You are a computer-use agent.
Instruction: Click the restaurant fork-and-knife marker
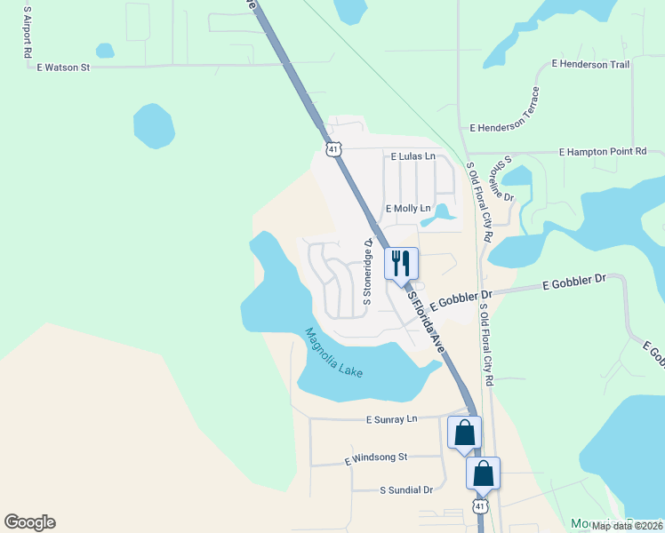click(x=401, y=263)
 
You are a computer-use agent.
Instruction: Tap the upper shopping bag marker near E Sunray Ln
click(x=464, y=433)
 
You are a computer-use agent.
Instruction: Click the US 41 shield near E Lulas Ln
click(x=333, y=149)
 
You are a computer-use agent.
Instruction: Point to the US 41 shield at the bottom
click(x=480, y=506)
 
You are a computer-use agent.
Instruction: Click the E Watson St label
click(x=63, y=67)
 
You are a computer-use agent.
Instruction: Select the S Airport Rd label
click(x=28, y=33)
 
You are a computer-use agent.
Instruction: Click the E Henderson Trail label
click(x=590, y=64)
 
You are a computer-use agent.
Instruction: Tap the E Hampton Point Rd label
click(x=602, y=153)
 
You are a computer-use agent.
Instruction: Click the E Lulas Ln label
click(x=413, y=156)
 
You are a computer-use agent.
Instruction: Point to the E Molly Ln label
click(x=407, y=209)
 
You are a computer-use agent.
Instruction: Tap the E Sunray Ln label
click(x=390, y=418)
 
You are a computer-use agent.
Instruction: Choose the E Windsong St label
click(x=375, y=457)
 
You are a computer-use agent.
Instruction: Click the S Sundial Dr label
click(x=405, y=489)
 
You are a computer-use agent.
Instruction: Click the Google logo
click(x=29, y=522)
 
